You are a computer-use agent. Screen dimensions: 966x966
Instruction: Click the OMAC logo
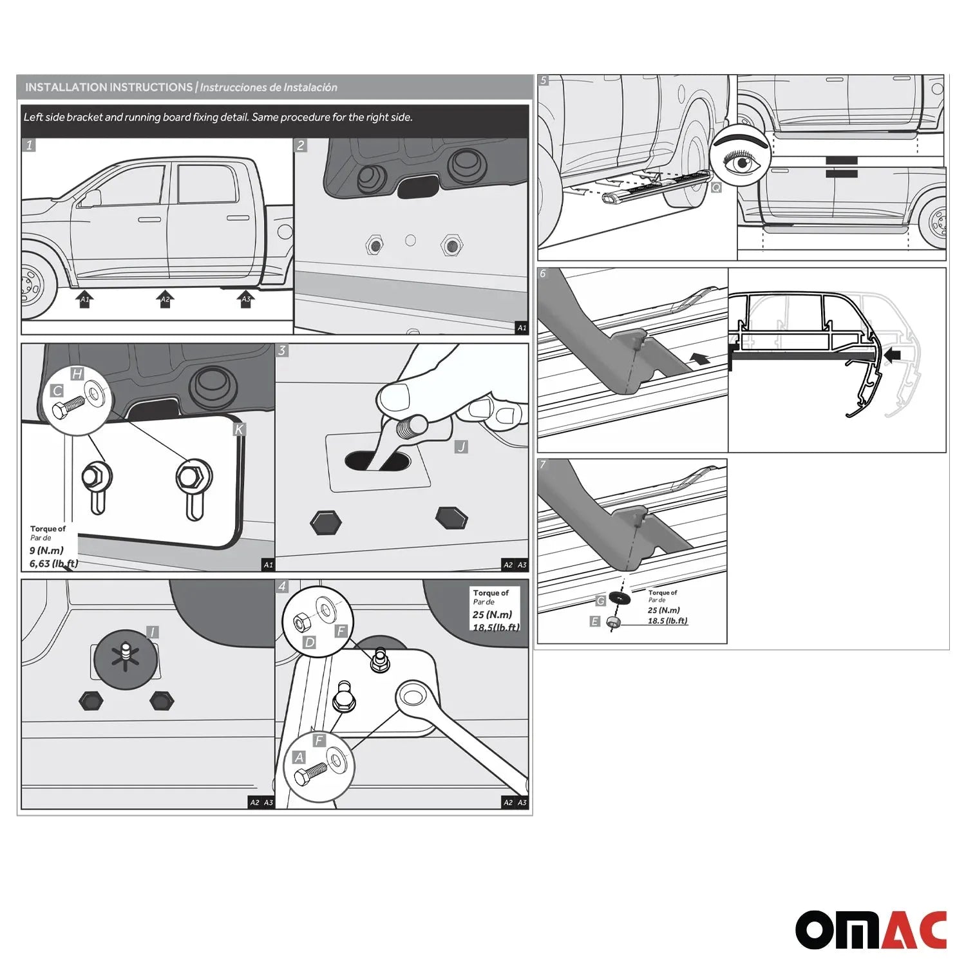pyautogui.click(x=871, y=930)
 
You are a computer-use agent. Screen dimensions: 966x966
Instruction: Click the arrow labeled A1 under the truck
pyautogui.click(x=84, y=299)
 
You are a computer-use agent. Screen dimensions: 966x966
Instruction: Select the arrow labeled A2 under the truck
pyautogui.click(x=165, y=299)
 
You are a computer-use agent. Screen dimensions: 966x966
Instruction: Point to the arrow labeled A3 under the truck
pyautogui.click(x=245, y=299)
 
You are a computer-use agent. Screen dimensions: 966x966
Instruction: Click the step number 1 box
pyautogui.click(x=29, y=145)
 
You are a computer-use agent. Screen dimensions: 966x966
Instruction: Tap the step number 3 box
pyautogui.click(x=282, y=351)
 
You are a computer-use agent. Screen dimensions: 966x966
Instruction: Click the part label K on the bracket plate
pyautogui.click(x=239, y=430)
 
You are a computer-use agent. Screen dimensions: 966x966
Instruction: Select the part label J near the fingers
pyautogui.click(x=460, y=446)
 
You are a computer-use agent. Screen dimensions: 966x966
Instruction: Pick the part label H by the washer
pyautogui.click(x=77, y=374)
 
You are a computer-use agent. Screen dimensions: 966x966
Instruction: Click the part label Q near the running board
pyautogui.click(x=715, y=187)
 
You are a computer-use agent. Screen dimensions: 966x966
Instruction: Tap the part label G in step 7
pyautogui.click(x=600, y=601)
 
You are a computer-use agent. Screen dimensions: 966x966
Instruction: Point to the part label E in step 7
pyautogui.click(x=594, y=621)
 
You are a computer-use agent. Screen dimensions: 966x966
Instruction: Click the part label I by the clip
pyautogui.click(x=152, y=632)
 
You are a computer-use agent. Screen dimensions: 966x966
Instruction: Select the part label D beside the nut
pyautogui.click(x=310, y=642)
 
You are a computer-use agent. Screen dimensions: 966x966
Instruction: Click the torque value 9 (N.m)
pyautogui.click(x=46, y=551)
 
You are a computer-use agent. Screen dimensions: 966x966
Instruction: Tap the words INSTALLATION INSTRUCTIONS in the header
pyautogui.click(x=109, y=87)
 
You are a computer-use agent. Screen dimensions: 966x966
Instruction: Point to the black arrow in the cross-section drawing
pyautogui.click(x=894, y=354)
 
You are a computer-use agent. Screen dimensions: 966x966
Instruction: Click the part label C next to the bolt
pyautogui.click(x=57, y=391)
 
